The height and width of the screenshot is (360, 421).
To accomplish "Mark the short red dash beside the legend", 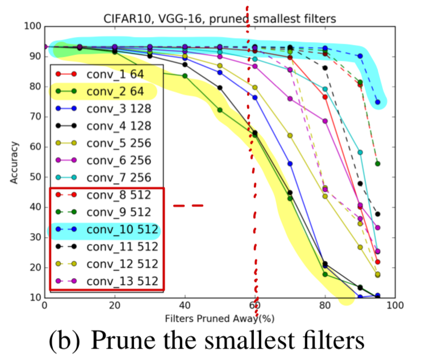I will coord(188,205).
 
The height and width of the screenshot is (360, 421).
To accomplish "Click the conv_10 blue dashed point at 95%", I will coord(377,102).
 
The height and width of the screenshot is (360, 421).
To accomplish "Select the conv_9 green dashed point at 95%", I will coord(377,164).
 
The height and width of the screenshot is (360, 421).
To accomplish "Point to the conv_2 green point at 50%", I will coord(220,110).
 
